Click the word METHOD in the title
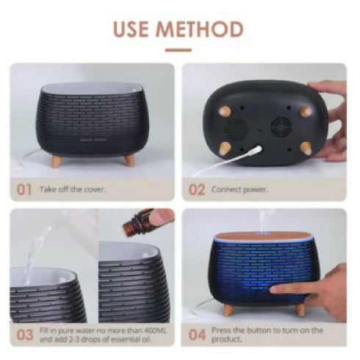(x=199, y=29)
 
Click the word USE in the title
(x=131, y=29)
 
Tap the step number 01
(x=24, y=190)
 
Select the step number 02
(x=196, y=190)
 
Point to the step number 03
(x=25, y=335)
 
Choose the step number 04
(x=197, y=335)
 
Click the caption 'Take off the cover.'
(x=73, y=190)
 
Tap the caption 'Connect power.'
(x=240, y=190)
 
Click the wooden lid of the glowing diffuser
(x=263, y=237)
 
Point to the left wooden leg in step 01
(x=57, y=162)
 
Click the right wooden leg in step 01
(x=129, y=160)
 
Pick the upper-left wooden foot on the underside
(x=225, y=112)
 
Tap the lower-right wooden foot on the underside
(x=306, y=148)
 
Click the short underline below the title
(x=179, y=50)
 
